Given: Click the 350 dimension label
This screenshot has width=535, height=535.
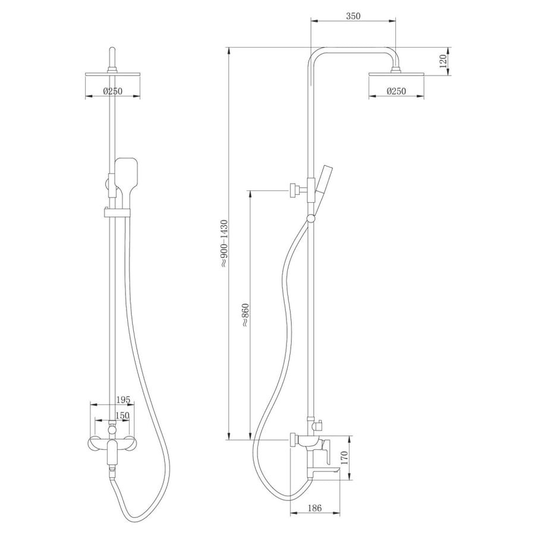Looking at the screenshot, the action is pos(353,15).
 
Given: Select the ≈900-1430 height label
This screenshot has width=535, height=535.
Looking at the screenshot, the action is pos(224,243).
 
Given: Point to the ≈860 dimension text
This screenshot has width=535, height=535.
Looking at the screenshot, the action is pos(246,315).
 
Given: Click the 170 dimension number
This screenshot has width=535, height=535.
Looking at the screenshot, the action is pos(344,458).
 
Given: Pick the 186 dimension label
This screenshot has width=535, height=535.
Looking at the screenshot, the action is pos(314,508).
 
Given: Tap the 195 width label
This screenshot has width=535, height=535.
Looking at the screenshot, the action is pos(123,399).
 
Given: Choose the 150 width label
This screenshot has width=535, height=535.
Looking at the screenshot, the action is pos(122,416).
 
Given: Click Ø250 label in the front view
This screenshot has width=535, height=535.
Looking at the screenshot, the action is pos(112,91).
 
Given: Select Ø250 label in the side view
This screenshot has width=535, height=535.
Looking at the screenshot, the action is pos(396,91).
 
